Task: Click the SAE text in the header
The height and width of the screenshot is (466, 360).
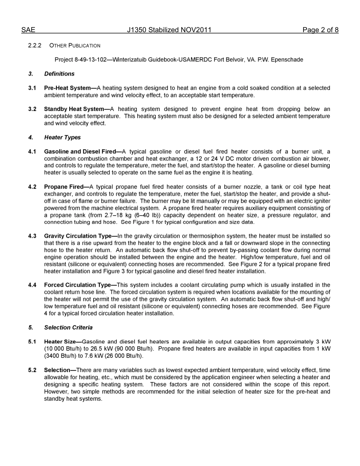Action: [x=28, y=30]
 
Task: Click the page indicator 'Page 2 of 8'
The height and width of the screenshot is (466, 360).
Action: [x=320, y=30]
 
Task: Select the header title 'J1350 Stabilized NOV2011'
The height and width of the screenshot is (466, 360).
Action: [x=169, y=30]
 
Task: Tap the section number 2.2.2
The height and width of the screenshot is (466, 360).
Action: [x=34, y=45]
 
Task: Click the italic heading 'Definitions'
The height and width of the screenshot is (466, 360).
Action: [x=59, y=74]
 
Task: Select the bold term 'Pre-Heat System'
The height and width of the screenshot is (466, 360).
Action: [x=67, y=88]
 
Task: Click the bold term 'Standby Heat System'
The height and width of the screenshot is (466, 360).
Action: [x=74, y=109]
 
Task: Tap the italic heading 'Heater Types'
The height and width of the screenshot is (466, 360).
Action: [x=62, y=138]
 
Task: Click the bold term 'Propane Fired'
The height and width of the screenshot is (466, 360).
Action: [x=63, y=187]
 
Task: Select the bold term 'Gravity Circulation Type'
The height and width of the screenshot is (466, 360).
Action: [x=78, y=236]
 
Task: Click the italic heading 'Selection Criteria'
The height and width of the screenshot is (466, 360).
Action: [x=68, y=328]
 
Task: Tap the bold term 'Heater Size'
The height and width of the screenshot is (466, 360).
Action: [x=59, y=342]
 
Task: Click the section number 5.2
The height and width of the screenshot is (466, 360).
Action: [x=32, y=370]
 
